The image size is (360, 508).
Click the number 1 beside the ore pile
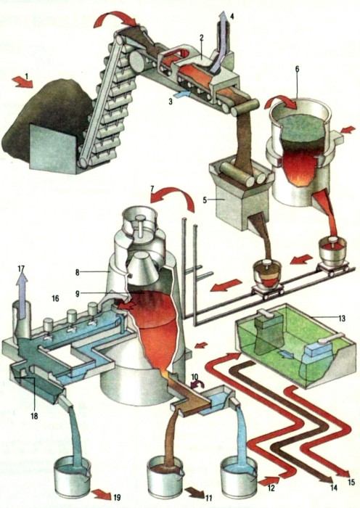tap(27, 75)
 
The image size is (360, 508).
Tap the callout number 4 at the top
tap(232, 15)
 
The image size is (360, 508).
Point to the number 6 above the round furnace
tap(297, 69)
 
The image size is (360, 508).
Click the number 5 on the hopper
tap(205, 200)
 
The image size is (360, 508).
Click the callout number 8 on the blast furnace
tap(77, 273)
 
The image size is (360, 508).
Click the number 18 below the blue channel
tap(34, 416)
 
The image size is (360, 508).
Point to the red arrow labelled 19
tap(101, 495)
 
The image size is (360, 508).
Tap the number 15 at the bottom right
tap(351, 483)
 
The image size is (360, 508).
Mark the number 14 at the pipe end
tap(333, 487)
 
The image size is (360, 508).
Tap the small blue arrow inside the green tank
tap(286, 354)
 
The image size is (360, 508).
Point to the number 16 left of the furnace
tap(55, 298)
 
